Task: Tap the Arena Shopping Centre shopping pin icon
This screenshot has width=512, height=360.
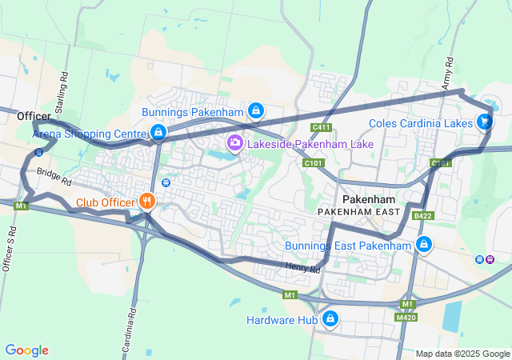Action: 158,132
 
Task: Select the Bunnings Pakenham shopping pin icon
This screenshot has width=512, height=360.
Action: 255,110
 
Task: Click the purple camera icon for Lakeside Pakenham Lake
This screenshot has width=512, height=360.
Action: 235,144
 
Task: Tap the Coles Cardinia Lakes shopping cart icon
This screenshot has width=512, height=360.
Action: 484,122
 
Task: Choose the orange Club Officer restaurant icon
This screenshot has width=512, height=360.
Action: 146,202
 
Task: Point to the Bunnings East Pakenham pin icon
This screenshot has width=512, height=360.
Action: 423,245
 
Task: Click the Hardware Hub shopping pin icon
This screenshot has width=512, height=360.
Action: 330,320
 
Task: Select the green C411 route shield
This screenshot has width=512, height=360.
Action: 322,127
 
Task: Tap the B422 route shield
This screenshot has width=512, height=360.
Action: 422,216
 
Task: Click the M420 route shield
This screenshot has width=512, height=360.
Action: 407,318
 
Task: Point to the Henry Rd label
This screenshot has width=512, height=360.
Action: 303,269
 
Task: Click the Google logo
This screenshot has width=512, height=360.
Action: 26,350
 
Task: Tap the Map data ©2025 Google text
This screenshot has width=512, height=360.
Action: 462,354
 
